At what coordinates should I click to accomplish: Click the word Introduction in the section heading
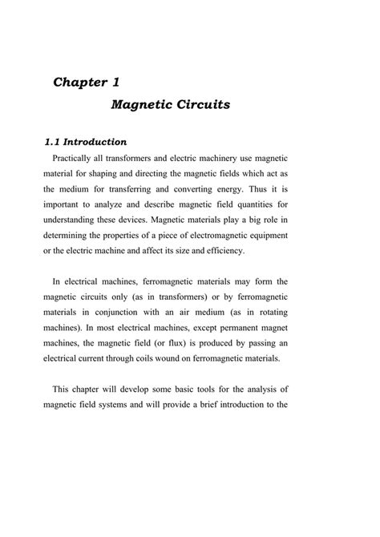click(x=95, y=142)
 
